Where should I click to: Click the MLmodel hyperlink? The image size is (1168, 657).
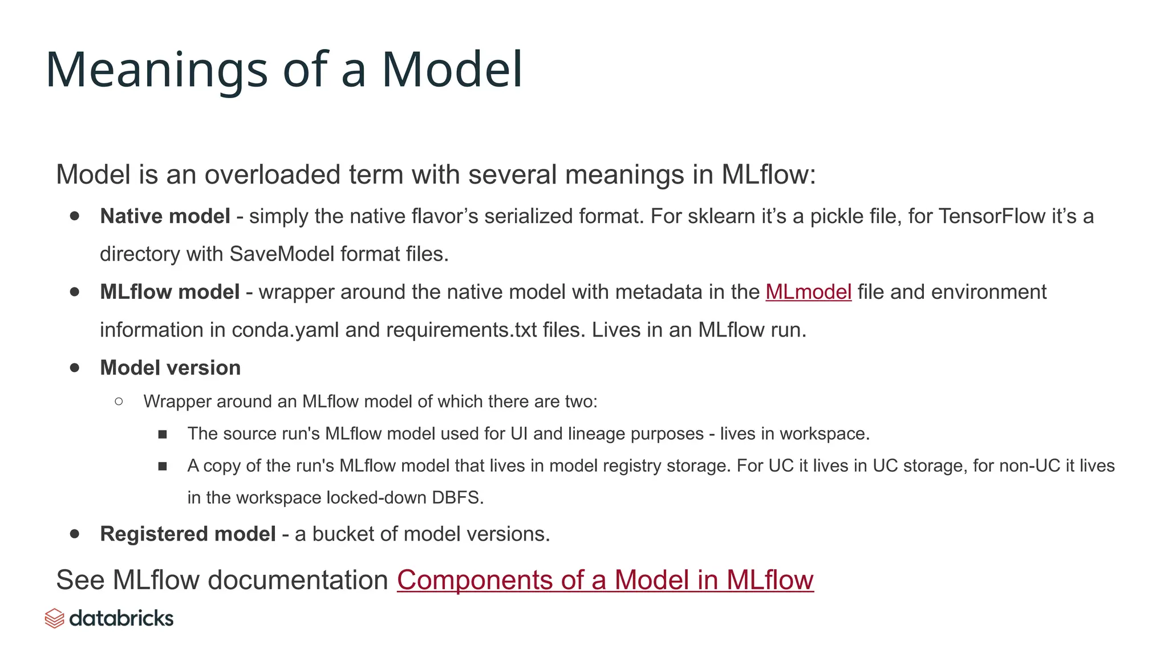808,292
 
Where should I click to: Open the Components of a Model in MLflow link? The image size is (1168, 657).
605,580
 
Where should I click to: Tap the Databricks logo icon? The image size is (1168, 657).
54,618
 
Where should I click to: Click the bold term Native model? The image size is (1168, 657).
165,216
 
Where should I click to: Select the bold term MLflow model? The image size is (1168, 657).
169,292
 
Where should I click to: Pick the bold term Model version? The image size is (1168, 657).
170,368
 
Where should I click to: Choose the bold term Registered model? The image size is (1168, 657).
188,534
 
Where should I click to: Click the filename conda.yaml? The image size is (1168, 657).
285,330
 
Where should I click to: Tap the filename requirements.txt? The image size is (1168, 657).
461,330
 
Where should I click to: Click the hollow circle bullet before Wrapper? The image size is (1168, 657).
119,401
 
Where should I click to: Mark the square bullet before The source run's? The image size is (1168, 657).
163,435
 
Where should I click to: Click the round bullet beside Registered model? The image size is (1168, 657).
75,534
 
